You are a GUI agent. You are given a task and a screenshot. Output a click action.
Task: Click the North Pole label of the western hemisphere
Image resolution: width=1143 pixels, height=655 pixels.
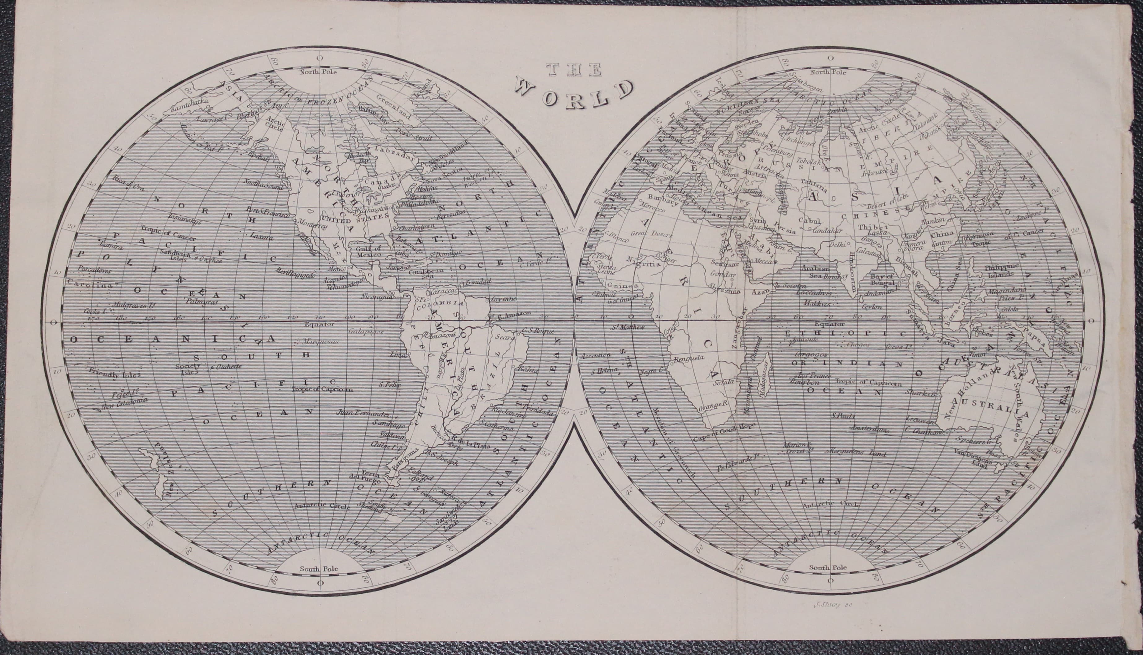[319, 72]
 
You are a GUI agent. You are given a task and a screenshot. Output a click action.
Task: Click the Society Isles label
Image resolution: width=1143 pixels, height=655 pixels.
[188, 369]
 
